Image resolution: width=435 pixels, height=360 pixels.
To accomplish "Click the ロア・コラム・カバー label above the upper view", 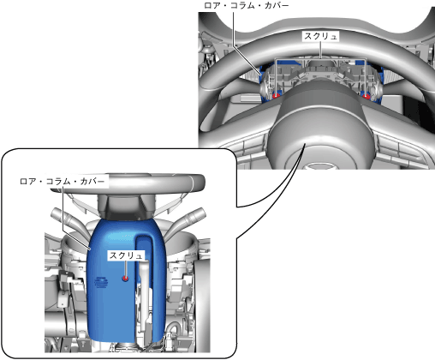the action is pyautogui.click(x=247, y=5).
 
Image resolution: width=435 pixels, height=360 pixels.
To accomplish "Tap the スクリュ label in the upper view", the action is pyautogui.click(x=321, y=36).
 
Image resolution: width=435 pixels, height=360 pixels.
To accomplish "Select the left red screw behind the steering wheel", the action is pyautogui.click(x=276, y=96).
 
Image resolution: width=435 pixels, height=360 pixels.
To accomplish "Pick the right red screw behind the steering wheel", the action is pyautogui.click(x=366, y=97).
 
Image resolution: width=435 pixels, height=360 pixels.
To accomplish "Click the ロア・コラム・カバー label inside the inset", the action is pyautogui.click(x=63, y=182).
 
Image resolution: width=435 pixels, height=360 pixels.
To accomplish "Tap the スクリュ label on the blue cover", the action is pyautogui.click(x=126, y=255).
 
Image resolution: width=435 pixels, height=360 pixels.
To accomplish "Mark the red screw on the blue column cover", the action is pyautogui.click(x=125, y=278).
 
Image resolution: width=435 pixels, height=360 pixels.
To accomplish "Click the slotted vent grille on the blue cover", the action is pyautogui.click(x=101, y=283).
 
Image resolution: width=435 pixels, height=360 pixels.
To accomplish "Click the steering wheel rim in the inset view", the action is pyautogui.click(x=127, y=182).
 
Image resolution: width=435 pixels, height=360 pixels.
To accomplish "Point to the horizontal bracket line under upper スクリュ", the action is pyautogui.click(x=321, y=59).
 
